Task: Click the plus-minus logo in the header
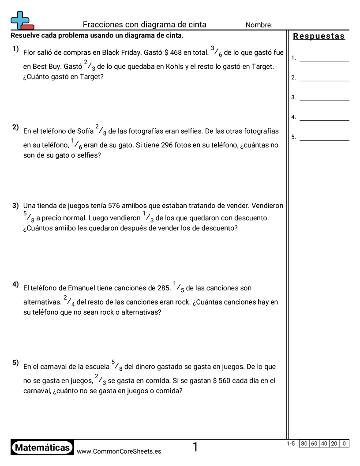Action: (x=22, y=20)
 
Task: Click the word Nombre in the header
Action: (x=259, y=25)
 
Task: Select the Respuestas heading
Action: (x=319, y=37)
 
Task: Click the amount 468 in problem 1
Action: (x=176, y=53)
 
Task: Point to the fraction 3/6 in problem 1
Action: (x=216, y=52)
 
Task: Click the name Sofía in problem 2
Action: (x=86, y=131)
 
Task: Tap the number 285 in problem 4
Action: (x=164, y=288)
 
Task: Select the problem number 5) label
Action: (x=15, y=363)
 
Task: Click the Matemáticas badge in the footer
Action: (x=42, y=447)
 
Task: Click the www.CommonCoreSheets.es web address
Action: (x=119, y=451)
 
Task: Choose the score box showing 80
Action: (x=304, y=443)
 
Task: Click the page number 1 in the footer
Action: (x=195, y=447)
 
